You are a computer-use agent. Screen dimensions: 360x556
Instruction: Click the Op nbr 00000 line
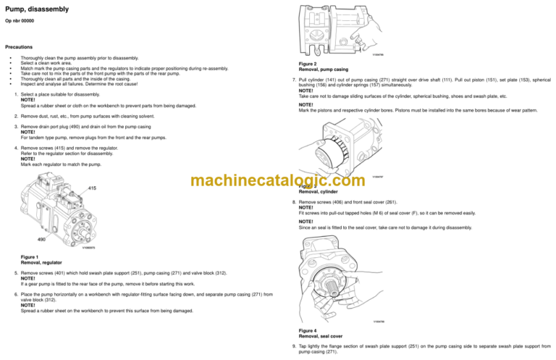click(20, 22)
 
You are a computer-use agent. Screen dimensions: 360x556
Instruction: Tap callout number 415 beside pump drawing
click(92, 188)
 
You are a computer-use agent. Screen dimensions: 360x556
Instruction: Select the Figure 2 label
click(311, 64)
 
